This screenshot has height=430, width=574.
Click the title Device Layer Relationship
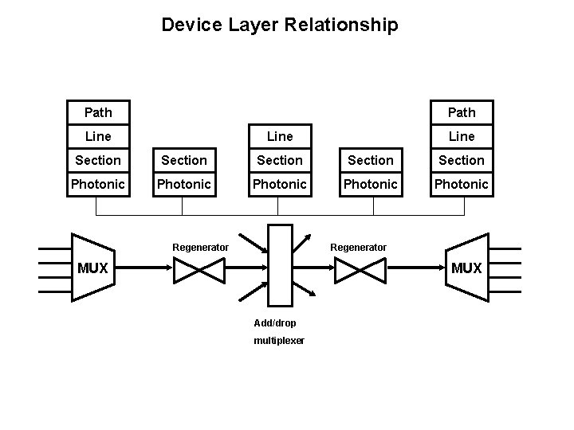pyautogui.click(x=279, y=25)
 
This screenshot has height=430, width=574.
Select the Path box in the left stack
pyautogui.click(x=98, y=111)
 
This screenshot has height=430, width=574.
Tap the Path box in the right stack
pyautogui.click(x=462, y=111)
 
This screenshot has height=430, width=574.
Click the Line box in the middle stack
pyautogui.click(x=279, y=136)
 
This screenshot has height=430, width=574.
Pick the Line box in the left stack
pyautogui.click(x=98, y=136)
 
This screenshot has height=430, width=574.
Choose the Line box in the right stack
pyautogui.click(x=462, y=136)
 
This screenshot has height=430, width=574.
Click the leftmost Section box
pyautogui.click(x=98, y=160)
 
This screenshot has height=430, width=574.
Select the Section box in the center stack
pyautogui.click(x=279, y=160)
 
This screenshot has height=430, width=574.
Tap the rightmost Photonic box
pyautogui.click(x=462, y=184)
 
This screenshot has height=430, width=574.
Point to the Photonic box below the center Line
pyautogui.click(x=279, y=184)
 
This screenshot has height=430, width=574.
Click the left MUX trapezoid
pyautogui.click(x=92, y=268)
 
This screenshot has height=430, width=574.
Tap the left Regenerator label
pyautogui.click(x=200, y=247)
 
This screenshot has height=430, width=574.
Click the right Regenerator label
pyautogui.click(x=358, y=247)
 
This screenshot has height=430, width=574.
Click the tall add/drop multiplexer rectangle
pyautogui.click(x=280, y=265)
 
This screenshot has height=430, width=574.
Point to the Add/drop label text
pyautogui.click(x=274, y=322)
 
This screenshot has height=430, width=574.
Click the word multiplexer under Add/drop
pyautogui.click(x=278, y=340)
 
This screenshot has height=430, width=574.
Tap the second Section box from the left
pyautogui.click(x=184, y=160)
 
